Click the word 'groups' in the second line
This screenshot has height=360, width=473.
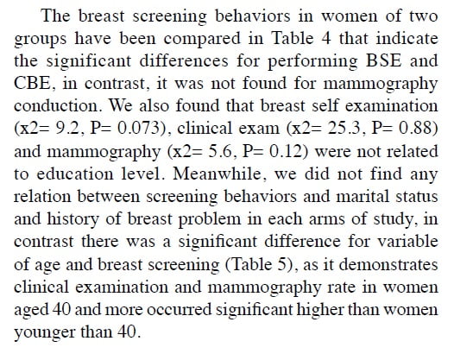tap(40, 40)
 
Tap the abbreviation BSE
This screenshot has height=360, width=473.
tap(384, 60)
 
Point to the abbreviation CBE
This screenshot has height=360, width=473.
tap(33, 83)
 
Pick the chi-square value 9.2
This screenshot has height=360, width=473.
tap(69, 129)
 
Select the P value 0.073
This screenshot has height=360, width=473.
tap(138, 129)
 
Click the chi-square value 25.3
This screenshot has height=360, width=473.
tap(344, 129)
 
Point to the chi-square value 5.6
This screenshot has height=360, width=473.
tap(221, 151)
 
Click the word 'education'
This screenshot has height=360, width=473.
tap(74, 174)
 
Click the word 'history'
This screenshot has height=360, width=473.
tap(73, 219)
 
